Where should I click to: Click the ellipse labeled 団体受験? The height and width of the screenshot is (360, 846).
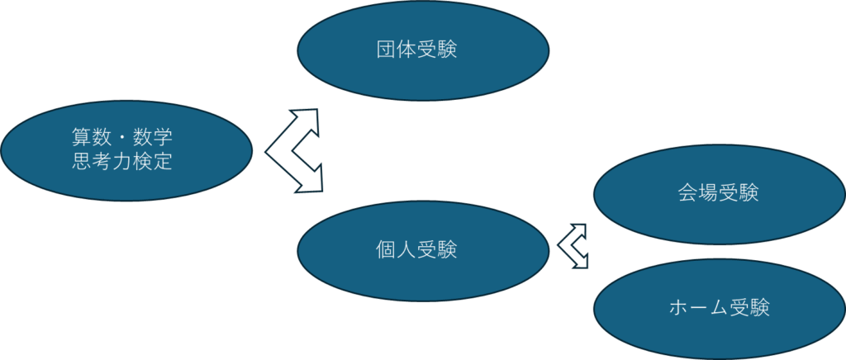(x=422, y=50)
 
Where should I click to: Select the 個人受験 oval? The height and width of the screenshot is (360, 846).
(x=422, y=249)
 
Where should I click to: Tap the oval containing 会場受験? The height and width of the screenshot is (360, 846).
(x=719, y=194)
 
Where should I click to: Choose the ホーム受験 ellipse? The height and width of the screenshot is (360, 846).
(x=719, y=309)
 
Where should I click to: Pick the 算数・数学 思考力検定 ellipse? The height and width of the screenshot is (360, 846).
(x=126, y=149)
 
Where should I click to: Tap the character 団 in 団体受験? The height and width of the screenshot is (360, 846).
(x=386, y=50)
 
